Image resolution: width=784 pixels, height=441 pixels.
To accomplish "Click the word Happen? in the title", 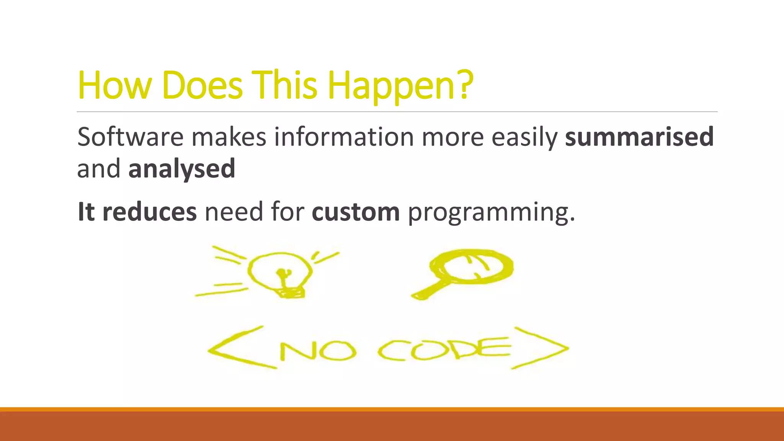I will (400, 86).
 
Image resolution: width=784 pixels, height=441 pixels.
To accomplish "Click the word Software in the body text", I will (130, 137).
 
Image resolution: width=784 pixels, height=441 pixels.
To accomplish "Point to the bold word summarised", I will (639, 137).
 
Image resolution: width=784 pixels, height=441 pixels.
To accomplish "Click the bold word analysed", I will (182, 169).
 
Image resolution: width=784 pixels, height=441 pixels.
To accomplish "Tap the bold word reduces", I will (149, 212).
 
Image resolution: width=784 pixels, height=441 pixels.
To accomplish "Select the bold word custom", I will (356, 212).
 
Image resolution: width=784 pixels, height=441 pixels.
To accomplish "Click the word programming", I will (491, 213).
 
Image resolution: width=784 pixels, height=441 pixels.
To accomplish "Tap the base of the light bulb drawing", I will (291, 293).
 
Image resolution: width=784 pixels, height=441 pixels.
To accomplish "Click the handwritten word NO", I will (318, 351).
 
